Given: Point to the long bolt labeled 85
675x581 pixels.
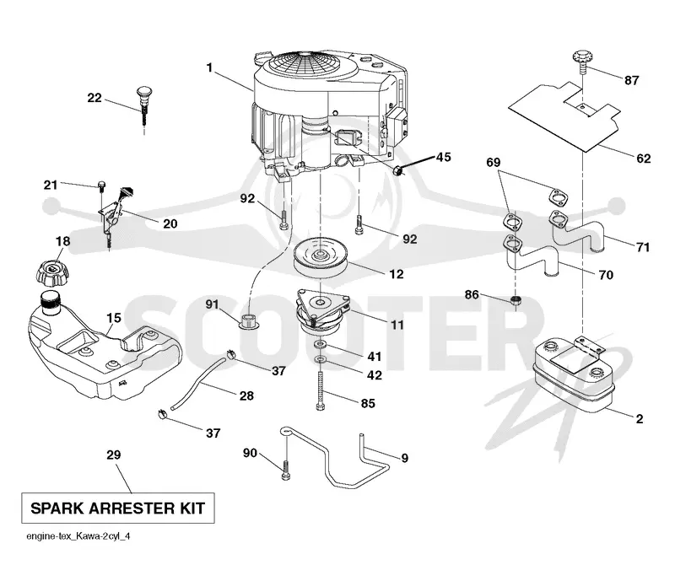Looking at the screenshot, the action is (320, 390).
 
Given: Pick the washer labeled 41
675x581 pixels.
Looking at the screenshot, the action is (321, 345).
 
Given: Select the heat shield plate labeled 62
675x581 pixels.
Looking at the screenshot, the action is (564, 116).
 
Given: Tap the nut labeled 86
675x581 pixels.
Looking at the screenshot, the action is (516, 300).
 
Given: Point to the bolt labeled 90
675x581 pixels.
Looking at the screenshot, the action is (285, 470).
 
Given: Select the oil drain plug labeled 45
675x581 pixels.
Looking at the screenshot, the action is (398, 170).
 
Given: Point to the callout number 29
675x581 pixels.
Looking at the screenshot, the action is (114, 455).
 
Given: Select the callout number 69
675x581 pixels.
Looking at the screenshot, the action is (494, 162).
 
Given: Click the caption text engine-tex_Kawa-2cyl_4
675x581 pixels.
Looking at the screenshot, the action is (78, 536).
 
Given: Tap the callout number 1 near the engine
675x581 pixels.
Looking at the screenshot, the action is (209, 67).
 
